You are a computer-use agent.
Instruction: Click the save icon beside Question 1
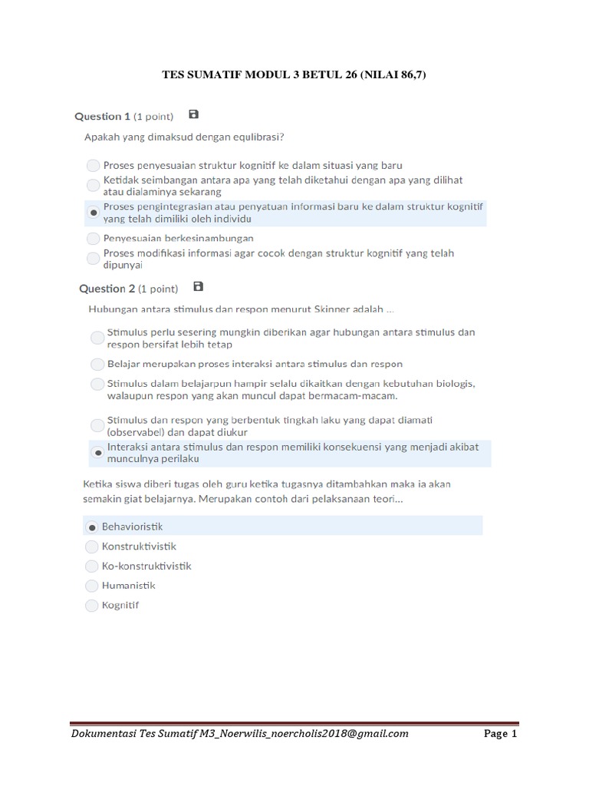click(194, 114)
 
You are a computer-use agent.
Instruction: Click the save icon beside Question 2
click(199, 286)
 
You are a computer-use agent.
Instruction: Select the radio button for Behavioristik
click(92, 527)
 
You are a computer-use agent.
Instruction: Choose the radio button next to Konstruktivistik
click(92, 547)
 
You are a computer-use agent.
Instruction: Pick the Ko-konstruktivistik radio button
click(92, 566)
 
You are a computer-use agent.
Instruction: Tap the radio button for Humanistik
click(92, 586)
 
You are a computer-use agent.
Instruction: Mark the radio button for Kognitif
click(92, 606)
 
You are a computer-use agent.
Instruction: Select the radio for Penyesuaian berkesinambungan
click(93, 239)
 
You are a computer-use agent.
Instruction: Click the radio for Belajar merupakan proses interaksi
click(97, 364)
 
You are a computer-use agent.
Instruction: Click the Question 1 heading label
click(102, 117)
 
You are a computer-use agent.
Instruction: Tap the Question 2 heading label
click(107, 289)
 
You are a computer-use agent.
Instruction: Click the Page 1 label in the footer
click(501, 734)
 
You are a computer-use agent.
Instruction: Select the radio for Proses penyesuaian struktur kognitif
click(93, 165)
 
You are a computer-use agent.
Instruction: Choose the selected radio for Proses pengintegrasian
click(93, 212)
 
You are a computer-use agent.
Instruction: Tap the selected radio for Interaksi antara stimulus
click(97, 453)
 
